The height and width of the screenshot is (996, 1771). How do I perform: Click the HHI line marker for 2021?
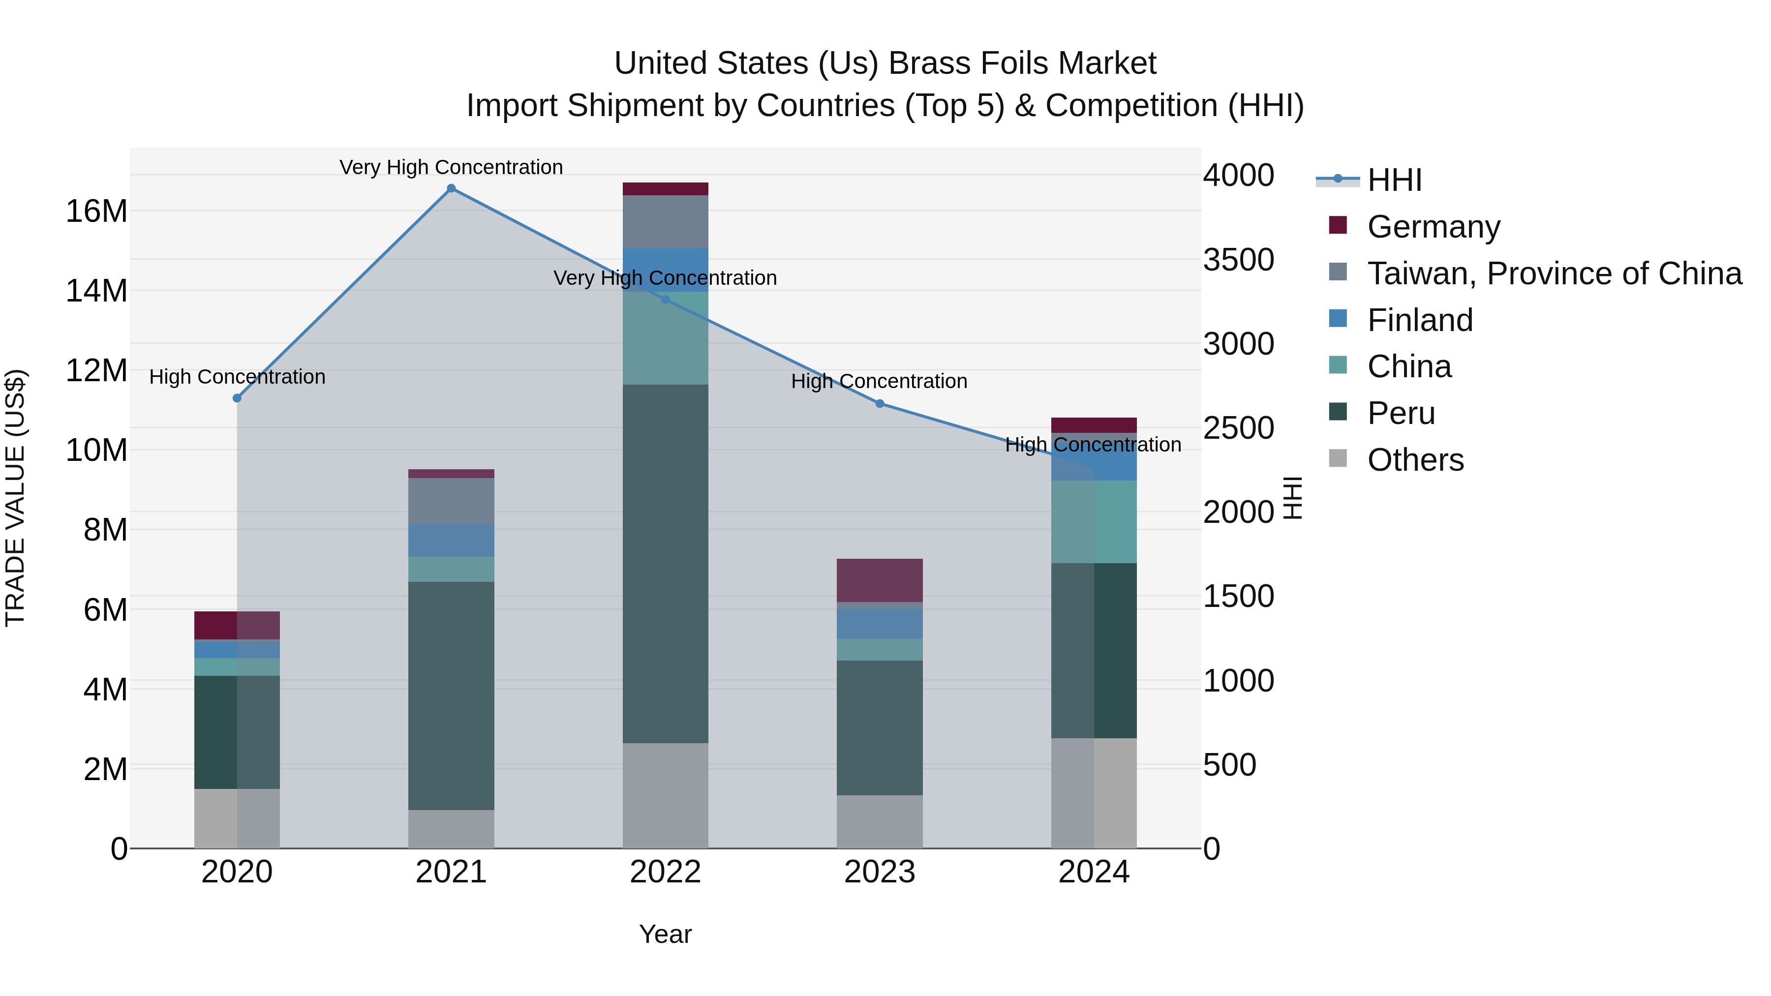451,188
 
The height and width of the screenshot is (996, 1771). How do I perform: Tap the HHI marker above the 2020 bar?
237,398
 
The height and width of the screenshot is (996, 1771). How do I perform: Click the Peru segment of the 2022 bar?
665,564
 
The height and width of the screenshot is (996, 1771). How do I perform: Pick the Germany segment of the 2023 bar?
879,580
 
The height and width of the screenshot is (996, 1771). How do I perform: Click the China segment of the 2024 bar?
1093,522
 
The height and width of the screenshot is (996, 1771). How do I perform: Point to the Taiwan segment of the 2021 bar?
451,501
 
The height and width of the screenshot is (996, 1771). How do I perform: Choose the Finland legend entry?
1420,320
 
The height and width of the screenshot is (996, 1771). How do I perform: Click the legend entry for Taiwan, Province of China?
1554,273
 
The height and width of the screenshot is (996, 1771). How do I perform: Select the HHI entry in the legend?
1394,180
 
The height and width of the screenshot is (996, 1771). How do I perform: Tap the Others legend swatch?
1338,458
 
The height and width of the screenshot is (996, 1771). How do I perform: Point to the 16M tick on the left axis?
96,211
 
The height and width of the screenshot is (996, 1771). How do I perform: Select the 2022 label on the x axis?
665,872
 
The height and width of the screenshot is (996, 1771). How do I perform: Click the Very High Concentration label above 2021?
451,167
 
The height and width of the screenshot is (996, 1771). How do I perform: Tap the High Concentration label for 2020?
237,377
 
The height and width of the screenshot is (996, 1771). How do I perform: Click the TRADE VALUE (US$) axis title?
15,498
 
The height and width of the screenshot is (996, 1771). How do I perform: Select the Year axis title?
665,934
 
